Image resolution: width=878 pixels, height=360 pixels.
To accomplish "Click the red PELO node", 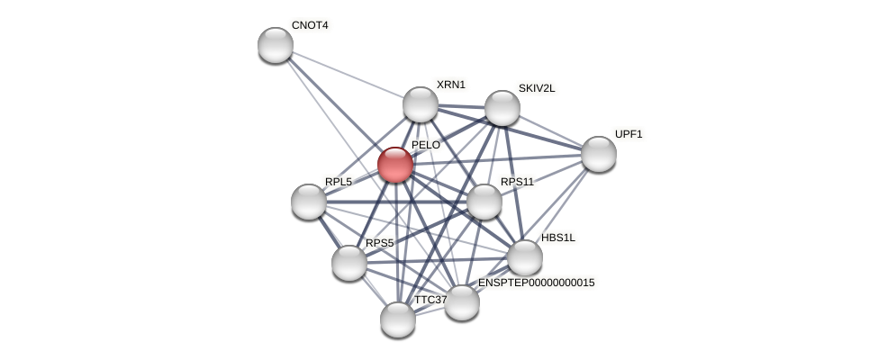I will click(x=395, y=165).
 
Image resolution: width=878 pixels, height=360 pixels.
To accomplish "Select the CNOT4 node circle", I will click(x=276, y=45).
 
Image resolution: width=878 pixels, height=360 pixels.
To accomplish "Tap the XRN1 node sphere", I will click(x=421, y=104).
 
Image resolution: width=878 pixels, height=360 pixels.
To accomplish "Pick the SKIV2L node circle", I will click(x=502, y=108).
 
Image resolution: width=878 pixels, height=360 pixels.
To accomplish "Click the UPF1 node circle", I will click(x=599, y=154).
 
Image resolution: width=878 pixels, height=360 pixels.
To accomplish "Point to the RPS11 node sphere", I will click(x=484, y=202).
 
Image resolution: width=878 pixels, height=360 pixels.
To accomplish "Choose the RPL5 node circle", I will click(x=309, y=202).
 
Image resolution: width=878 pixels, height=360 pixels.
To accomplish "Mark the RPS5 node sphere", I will click(x=349, y=263).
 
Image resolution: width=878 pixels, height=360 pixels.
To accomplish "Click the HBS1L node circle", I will click(x=525, y=257).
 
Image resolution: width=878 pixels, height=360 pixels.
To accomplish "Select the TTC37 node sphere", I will click(x=398, y=319).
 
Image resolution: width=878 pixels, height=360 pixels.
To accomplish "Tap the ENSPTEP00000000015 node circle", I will click(x=462, y=302).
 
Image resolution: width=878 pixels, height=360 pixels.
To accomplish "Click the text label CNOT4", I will click(x=310, y=25).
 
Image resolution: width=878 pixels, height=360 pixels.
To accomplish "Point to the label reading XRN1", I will click(x=451, y=85).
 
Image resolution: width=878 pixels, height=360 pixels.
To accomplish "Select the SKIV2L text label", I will click(x=537, y=88).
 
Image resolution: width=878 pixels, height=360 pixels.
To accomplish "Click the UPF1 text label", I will click(x=629, y=134).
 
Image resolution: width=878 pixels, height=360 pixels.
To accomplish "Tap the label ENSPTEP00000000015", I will click(x=536, y=283).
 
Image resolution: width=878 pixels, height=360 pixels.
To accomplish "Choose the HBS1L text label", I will click(x=558, y=238).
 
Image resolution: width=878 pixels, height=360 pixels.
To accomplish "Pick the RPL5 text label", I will click(x=339, y=182).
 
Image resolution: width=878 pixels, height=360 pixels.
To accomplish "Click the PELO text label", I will click(x=426, y=145).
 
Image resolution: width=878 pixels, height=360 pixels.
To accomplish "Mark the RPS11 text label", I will click(x=517, y=182).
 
